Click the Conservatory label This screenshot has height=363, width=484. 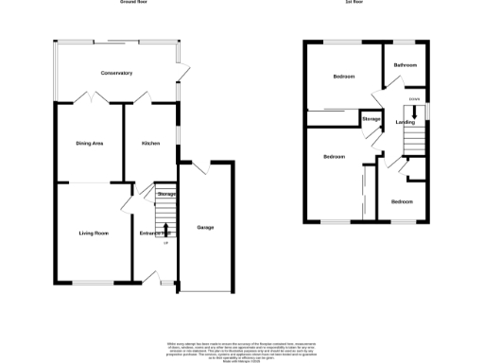coord(117,73)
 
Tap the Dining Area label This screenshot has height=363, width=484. coord(90,143)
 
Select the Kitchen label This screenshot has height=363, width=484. coord(150,143)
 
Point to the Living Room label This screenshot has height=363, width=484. coord(93,232)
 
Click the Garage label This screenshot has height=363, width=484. coord(205,228)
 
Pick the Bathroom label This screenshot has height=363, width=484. coord(406,64)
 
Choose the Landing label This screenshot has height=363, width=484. coord(405,122)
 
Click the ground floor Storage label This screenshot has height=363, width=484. coord(166,194)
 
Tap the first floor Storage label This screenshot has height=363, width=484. coord(371,119)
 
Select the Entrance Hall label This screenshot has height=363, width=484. coord(153,232)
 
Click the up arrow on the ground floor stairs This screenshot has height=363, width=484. coord(166,229)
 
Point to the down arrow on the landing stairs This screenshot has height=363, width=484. coord(415,112)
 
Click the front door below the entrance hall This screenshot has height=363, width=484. coord(152,277)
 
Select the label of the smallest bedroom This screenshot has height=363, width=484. coord(402,201)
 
